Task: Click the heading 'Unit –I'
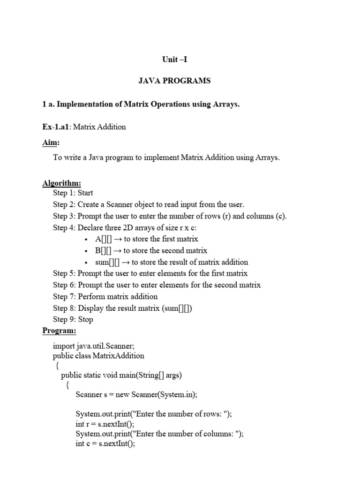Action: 174,60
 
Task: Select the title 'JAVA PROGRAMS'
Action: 174,81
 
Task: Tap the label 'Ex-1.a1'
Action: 57,127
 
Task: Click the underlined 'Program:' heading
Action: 59,330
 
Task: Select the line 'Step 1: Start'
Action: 73,193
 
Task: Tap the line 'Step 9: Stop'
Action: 73,319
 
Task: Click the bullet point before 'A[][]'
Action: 87,239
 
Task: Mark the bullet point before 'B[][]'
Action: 87,251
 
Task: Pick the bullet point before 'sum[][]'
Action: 87,262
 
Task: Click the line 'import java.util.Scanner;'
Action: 94,346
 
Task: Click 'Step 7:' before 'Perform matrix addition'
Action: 64,296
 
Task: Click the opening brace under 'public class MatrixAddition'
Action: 57,366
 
